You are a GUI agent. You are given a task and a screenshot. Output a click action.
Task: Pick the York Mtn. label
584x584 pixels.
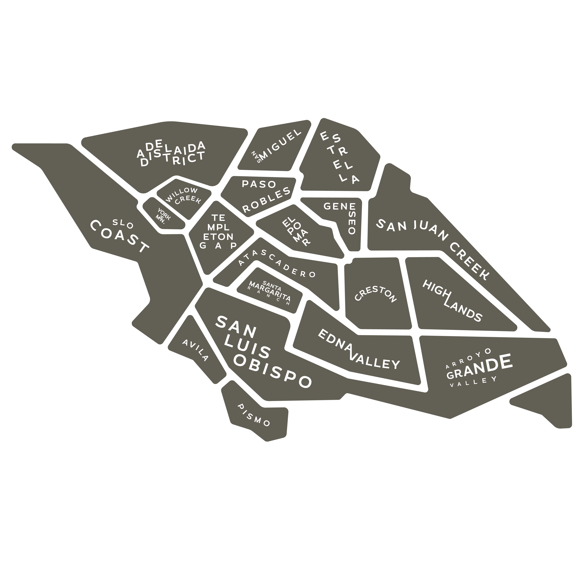point(163,215)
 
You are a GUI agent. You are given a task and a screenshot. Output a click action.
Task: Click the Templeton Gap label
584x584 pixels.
point(218,231)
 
